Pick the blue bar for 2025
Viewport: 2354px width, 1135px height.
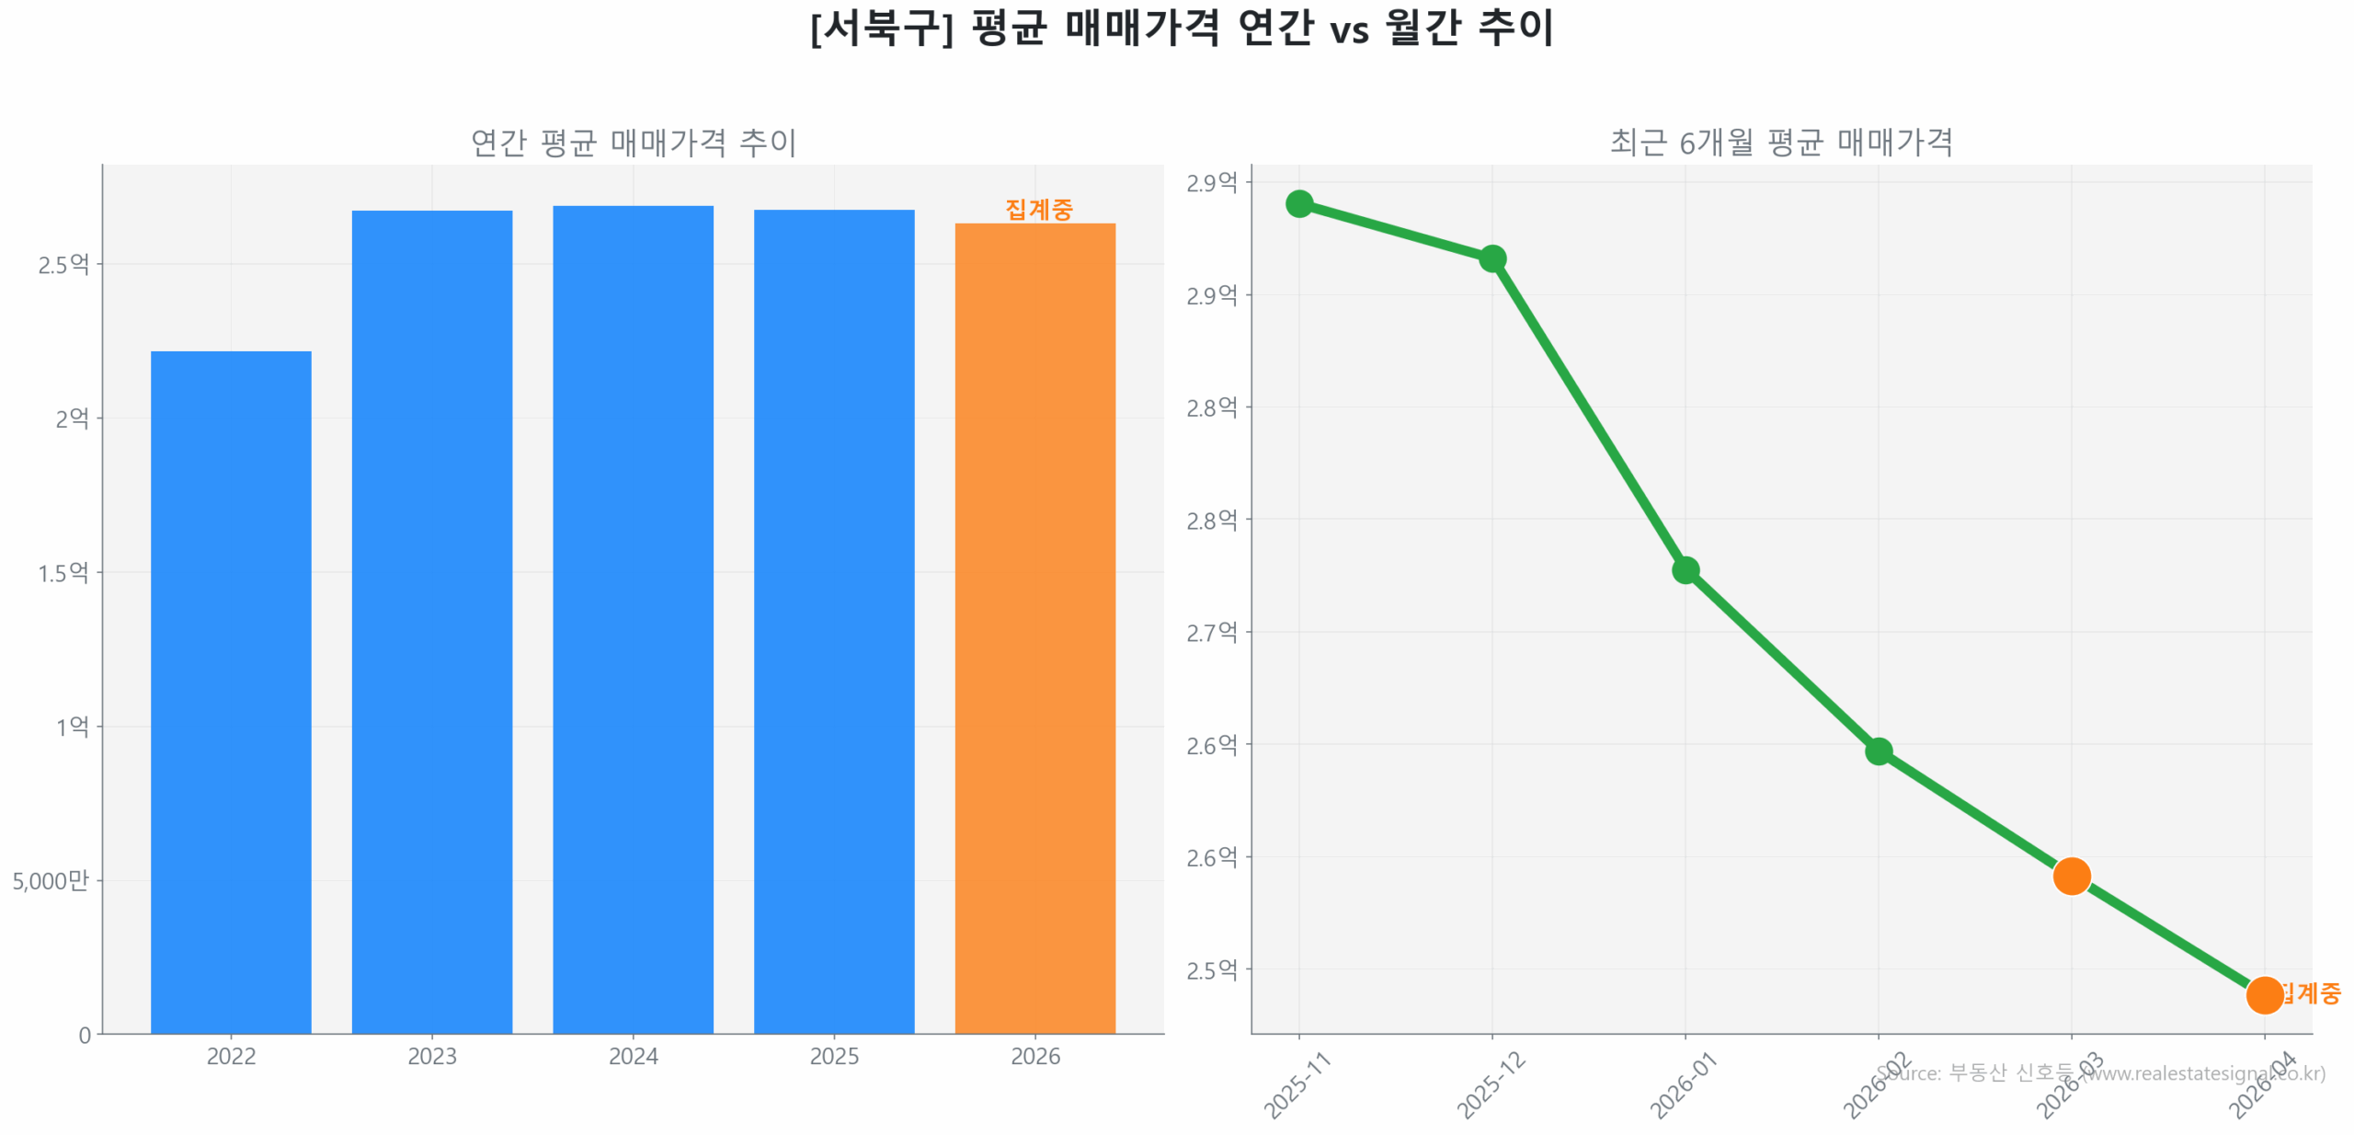coord(833,621)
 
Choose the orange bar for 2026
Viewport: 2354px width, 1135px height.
coord(1034,627)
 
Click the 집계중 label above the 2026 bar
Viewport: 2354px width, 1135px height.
coord(1038,209)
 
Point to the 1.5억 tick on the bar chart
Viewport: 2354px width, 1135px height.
coord(63,572)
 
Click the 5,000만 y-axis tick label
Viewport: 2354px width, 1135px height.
coord(51,880)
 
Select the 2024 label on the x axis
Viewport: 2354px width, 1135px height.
coord(633,1055)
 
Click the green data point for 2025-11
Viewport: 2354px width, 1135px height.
coord(1298,203)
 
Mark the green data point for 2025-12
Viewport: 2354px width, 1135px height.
coord(1491,258)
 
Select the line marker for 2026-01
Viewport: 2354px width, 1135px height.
coord(1685,569)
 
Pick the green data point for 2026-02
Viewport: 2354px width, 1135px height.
coord(1878,751)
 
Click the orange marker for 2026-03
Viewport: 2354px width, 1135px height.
coord(2071,876)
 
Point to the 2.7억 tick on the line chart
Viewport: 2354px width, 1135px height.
coord(1211,632)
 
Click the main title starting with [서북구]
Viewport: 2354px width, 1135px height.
coord(1181,28)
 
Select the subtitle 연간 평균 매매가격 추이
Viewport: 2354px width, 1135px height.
coord(633,142)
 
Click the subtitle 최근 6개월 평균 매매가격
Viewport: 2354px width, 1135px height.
coord(1780,142)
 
